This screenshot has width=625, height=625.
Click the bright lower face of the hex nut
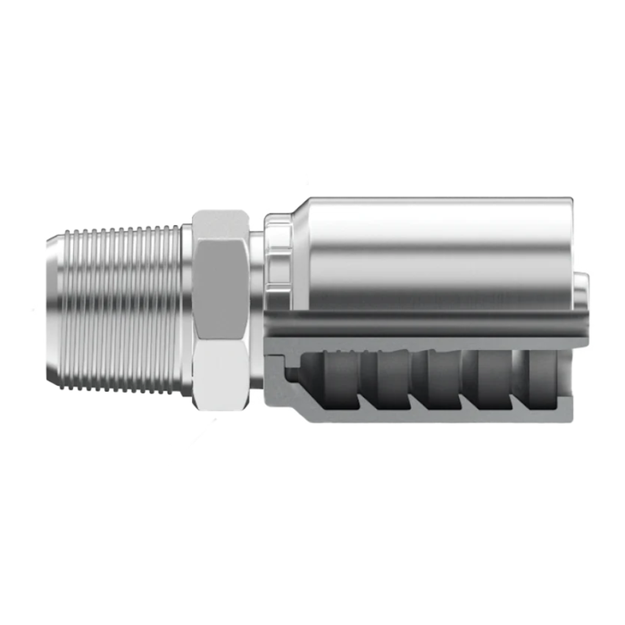coord(221,371)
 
